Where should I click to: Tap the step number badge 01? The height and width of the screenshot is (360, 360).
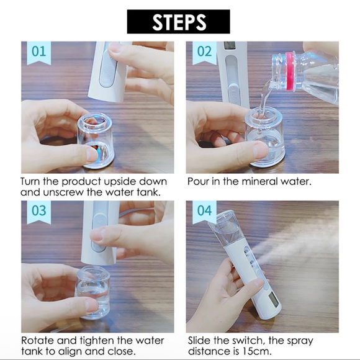[x=38, y=52]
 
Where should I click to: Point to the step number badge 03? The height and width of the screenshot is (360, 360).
[x=38, y=211]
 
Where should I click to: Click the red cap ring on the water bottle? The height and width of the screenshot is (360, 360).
[x=290, y=72]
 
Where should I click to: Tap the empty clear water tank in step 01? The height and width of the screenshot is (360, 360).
[x=96, y=140]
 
